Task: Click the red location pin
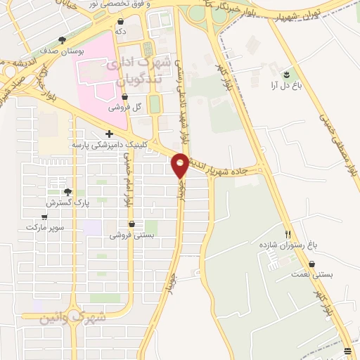tap(180, 165)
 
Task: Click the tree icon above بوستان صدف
tap(63, 40)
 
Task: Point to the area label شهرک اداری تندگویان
tap(137, 71)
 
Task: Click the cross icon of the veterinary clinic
tap(109, 134)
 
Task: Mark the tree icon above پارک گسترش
tap(67, 191)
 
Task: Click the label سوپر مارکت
tap(45, 228)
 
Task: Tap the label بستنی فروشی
tap(131, 236)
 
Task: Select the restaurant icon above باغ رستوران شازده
tap(288, 233)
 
